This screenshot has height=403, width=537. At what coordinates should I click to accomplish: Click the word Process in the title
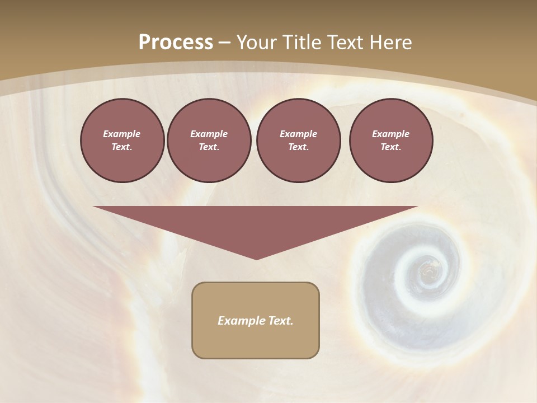[x=176, y=42]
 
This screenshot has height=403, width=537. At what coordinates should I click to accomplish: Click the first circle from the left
[x=122, y=140]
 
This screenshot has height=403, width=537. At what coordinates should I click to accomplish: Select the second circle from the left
[x=209, y=140]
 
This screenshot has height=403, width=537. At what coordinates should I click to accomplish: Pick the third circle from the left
[x=298, y=140]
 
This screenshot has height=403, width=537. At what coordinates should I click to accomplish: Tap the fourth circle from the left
[x=390, y=140]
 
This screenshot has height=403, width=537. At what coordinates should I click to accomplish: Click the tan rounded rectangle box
[x=256, y=320]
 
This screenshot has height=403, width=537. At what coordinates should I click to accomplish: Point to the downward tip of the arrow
[x=256, y=259]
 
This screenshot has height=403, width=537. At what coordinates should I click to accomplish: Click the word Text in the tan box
[x=281, y=321]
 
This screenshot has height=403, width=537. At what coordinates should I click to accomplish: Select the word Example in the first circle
[x=122, y=134]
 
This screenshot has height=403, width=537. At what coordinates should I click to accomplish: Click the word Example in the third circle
[x=298, y=134]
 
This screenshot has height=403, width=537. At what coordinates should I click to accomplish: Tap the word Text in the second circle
[x=208, y=147]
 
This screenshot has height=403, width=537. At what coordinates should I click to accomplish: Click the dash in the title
[x=225, y=43]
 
